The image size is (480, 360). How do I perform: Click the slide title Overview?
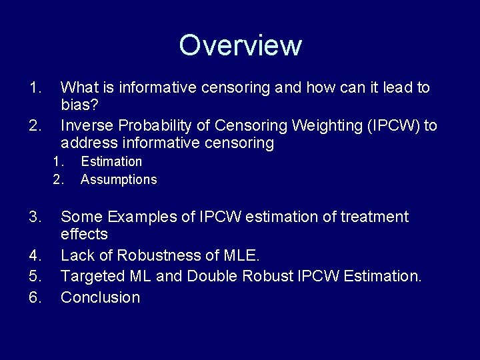(x=240, y=45)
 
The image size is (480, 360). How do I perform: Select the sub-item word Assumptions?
(x=119, y=179)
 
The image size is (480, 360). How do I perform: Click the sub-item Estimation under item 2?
(x=111, y=161)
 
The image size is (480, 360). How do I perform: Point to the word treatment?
(x=377, y=217)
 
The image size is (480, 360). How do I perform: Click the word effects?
(x=84, y=234)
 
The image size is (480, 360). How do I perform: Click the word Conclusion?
(x=100, y=297)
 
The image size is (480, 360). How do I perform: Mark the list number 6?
(x=35, y=297)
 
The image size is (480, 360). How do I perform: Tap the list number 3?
(x=35, y=217)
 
